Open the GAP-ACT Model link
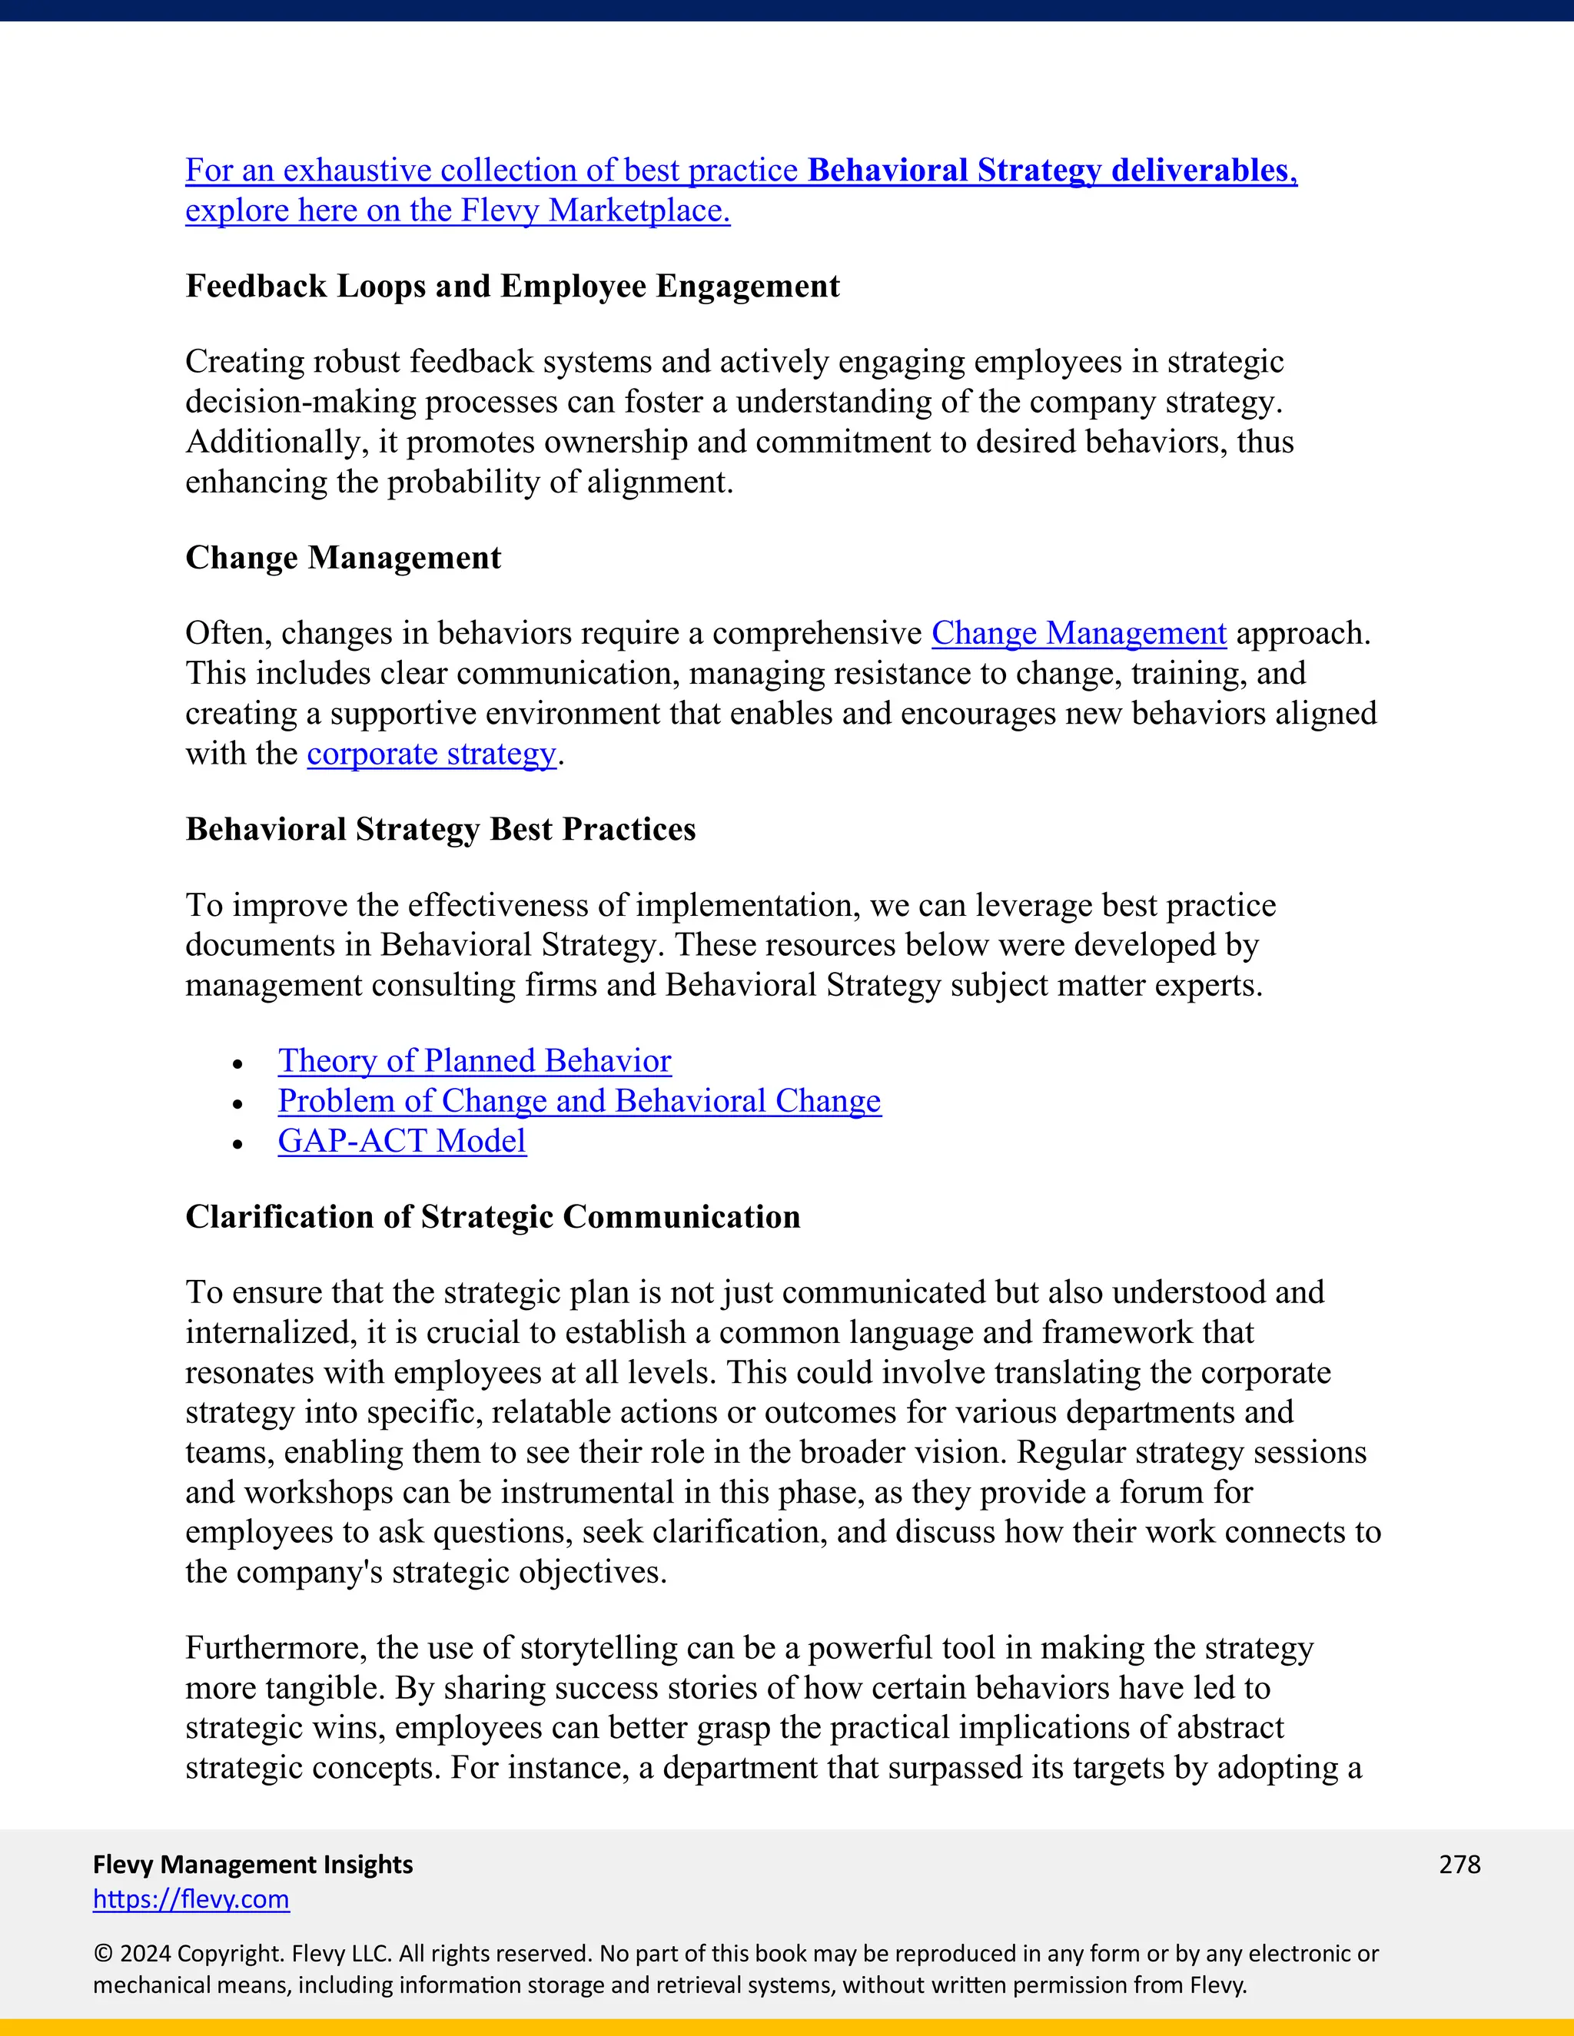click(402, 1141)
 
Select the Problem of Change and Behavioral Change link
click(579, 1101)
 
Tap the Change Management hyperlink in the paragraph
click(1078, 633)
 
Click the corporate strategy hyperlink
click(431, 753)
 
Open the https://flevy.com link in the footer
click(191, 1899)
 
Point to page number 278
click(1459, 1865)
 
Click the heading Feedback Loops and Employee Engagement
click(512, 287)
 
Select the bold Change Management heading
click(343, 558)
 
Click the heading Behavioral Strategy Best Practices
click(440, 830)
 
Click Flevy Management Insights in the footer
click(253, 1865)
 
